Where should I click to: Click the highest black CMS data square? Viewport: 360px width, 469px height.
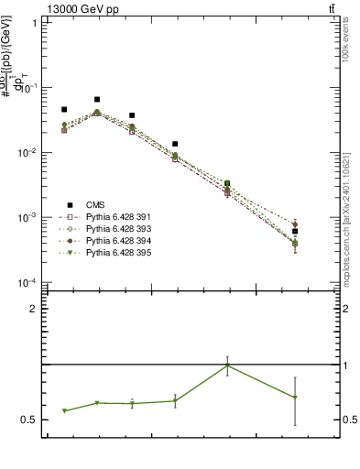[x=97, y=99]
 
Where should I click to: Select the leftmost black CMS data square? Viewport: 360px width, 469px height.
[x=64, y=109]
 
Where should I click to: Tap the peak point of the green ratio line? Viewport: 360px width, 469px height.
[x=227, y=365]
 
